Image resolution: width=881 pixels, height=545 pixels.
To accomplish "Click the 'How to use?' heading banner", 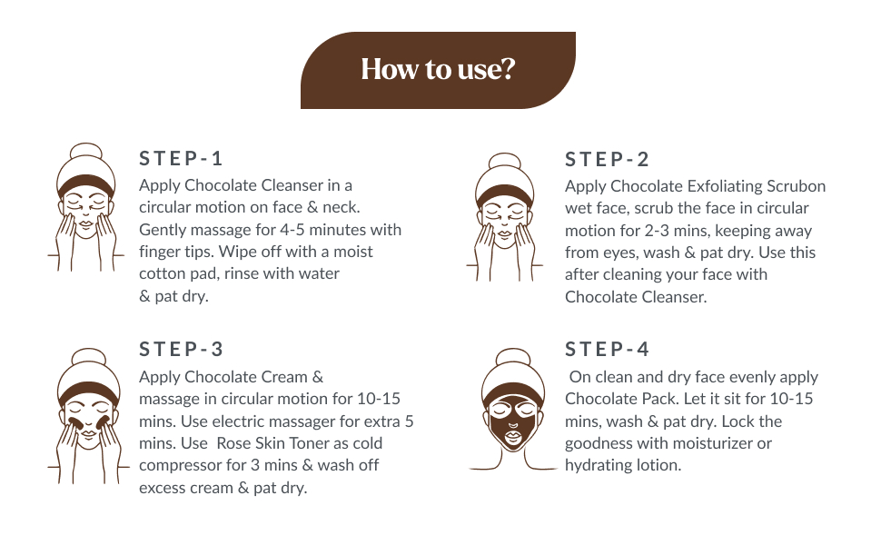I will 438,70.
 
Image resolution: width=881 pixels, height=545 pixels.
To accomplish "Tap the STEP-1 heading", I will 181,159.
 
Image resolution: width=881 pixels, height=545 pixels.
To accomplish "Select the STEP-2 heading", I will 608,160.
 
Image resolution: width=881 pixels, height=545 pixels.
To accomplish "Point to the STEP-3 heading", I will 181,350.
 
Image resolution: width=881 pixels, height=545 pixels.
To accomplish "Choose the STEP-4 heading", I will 608,350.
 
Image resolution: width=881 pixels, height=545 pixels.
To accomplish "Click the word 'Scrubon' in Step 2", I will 797,186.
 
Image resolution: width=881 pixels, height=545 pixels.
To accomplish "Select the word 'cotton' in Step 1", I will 162,273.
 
